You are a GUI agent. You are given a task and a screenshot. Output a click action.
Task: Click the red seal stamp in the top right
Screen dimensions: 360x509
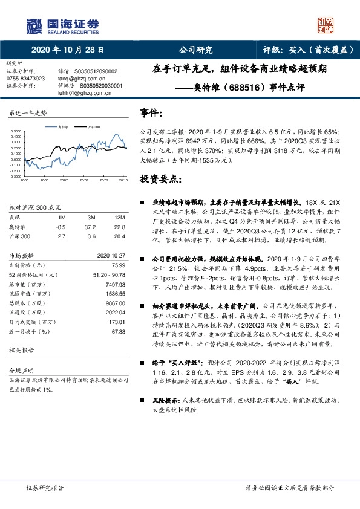pyautogui.click(x=327, y=24)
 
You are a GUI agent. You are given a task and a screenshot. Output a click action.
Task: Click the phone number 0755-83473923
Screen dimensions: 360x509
pyautogui.click(x=25, y=79)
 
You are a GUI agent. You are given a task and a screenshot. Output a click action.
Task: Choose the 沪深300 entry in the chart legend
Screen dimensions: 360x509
pyautogui.click(x=91, y=127)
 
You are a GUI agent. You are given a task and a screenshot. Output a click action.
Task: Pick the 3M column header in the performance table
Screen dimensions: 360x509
pyautogui.click(x=91, y=217)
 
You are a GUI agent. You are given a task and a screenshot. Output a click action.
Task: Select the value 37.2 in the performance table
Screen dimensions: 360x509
pyautogui.click(x=92, y=226)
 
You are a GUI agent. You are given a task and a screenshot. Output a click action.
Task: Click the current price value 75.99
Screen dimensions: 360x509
pyautogui.click(x=118, y=265)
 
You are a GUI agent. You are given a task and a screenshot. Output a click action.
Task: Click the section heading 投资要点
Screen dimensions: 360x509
pyautogui.click(x=160, y=180)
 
